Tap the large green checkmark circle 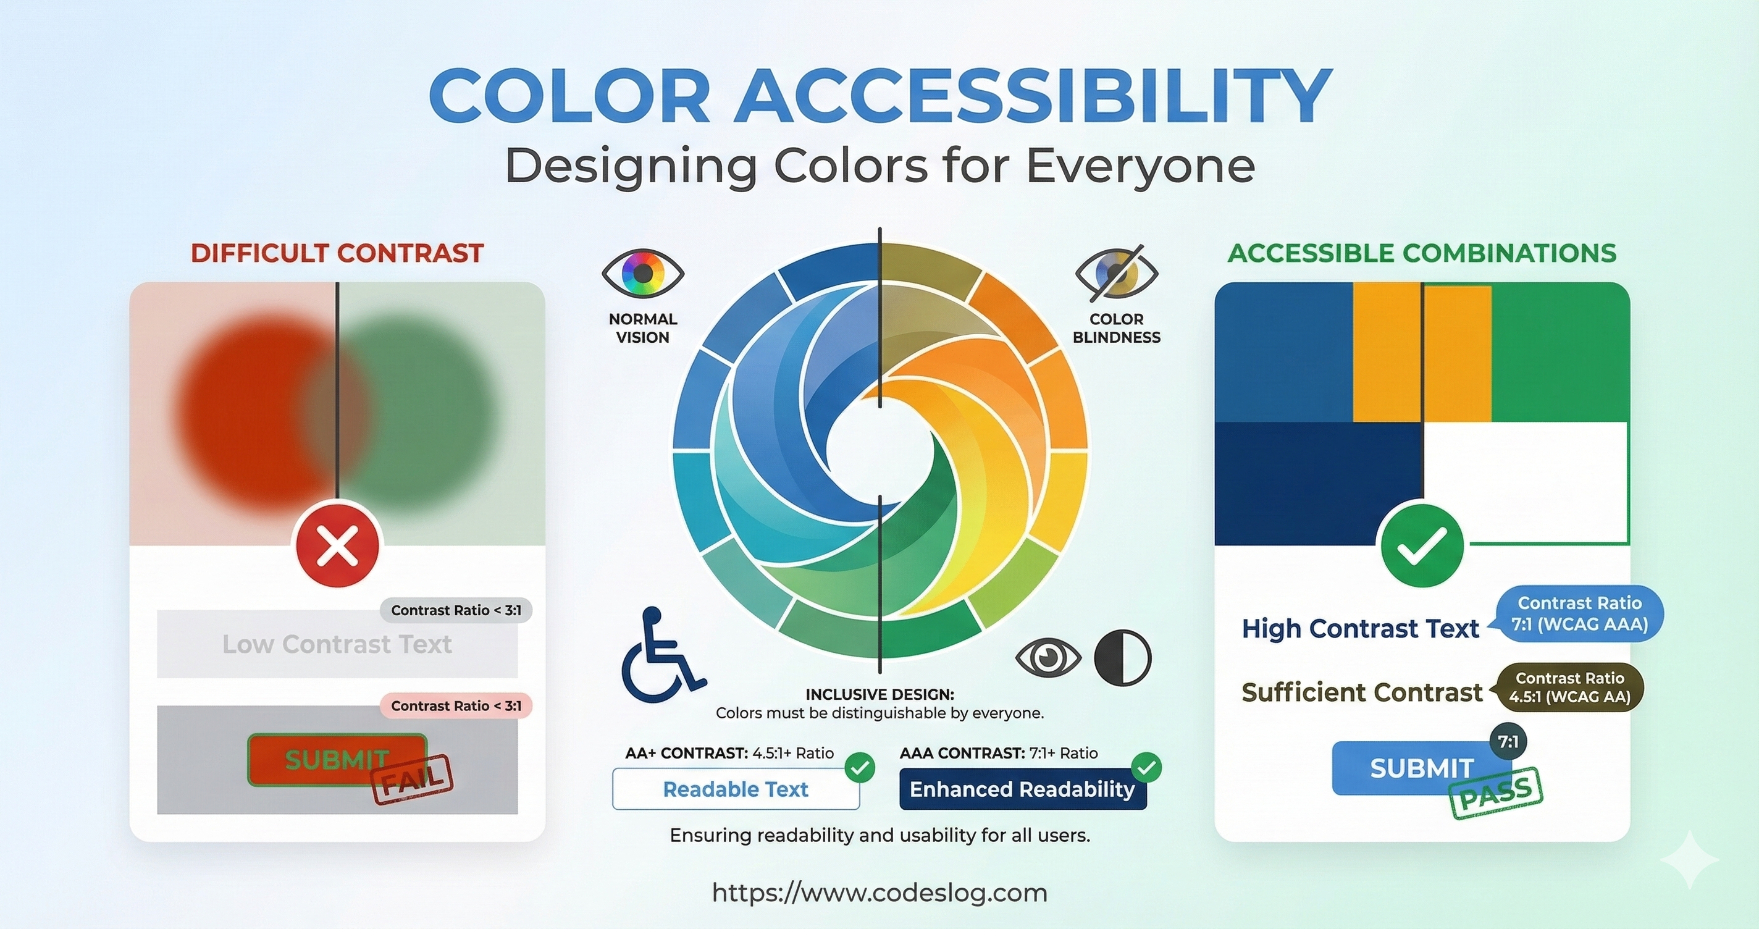click(1422, 544)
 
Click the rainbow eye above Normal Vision click(642, 273)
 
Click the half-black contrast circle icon click(1123, 657)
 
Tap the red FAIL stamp click(413, 780)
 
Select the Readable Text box click(736, 789)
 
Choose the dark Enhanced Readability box click(1023, 789)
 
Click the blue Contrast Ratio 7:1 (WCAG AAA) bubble click(1579, 613)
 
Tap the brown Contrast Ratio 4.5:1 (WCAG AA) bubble click(1569, 687)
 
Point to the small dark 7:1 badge click(1508, 741)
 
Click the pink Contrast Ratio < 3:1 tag click(456, 705)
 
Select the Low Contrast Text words click(337, 644)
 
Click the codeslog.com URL click(879, 893)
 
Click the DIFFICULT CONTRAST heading click(337, 253)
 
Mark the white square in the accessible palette click(1526, 482)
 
